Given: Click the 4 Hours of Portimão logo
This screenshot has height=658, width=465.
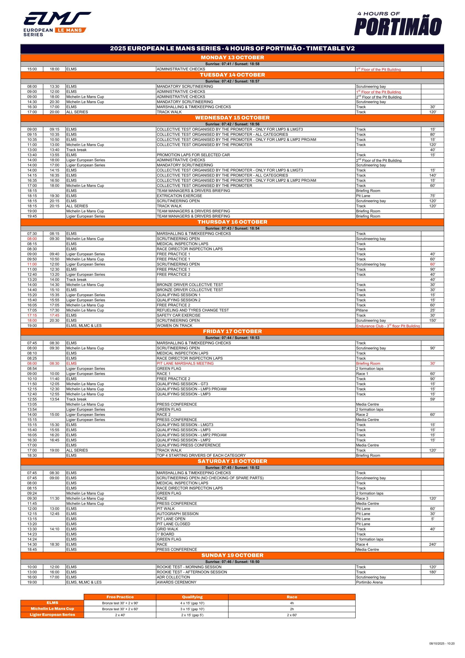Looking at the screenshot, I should point(398,24).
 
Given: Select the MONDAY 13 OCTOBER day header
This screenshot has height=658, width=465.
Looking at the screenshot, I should point(232,58).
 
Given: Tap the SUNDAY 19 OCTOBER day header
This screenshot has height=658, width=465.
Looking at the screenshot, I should point(232,555).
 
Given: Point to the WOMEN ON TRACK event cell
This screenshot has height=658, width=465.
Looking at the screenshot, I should point(174,326).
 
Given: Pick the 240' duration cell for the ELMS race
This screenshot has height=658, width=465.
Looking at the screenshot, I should point(432,544).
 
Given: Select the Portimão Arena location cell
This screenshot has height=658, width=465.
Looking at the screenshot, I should point(369,582).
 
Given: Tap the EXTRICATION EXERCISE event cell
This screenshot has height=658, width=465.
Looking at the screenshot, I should point(179,196).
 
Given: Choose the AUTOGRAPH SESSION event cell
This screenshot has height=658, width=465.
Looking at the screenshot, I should point(178,514).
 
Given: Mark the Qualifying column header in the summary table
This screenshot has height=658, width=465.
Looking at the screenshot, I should point(192,597).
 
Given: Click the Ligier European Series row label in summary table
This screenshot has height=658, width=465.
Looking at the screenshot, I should point(52,614).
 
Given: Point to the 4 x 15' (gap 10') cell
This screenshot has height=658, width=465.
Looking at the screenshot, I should point(192,603).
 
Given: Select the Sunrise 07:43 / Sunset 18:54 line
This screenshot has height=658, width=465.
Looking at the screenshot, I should point(232,228).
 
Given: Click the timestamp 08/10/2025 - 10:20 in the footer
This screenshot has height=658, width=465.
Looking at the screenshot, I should point(442,649).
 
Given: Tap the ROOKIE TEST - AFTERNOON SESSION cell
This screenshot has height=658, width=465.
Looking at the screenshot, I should point(191,572).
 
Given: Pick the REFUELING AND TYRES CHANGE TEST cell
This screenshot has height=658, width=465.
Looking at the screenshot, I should point(193,310).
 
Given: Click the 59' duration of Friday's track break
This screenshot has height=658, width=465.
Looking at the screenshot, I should point(432,399).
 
